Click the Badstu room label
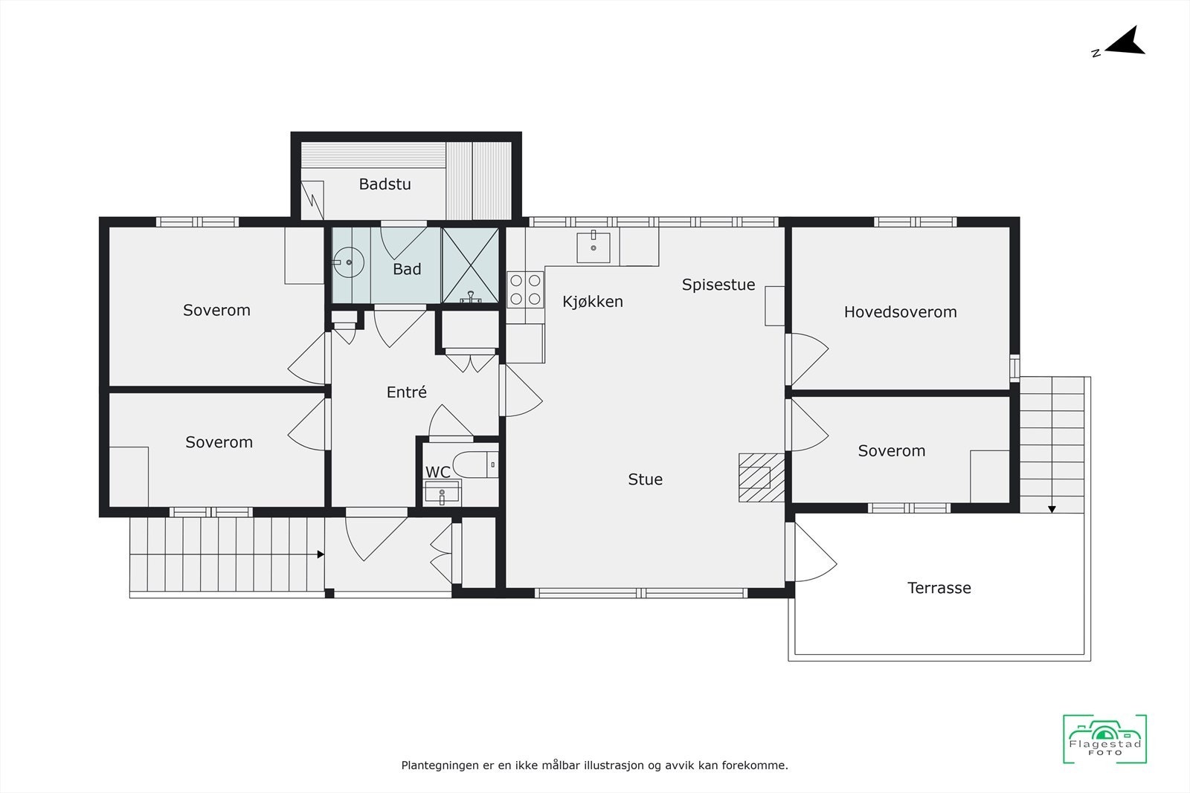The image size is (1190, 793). pos(385,184)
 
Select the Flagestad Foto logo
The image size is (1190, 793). pos(1104,739)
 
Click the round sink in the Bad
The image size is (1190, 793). pos(348,263)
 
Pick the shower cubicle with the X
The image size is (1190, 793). pos(471,265)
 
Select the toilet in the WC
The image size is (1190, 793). pos(473,465)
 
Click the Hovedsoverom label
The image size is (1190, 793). pos(900,312)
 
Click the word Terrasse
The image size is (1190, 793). pos(939,588)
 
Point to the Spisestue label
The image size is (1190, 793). pos(718,285)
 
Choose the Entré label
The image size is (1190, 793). pos(406,392)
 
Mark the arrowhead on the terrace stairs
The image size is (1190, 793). pos(1052,509)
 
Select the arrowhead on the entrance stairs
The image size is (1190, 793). pos(320,554)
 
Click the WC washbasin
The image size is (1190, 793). pos(442,492)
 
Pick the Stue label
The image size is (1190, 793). pos(645,480)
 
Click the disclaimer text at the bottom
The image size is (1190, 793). pos(594,765)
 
